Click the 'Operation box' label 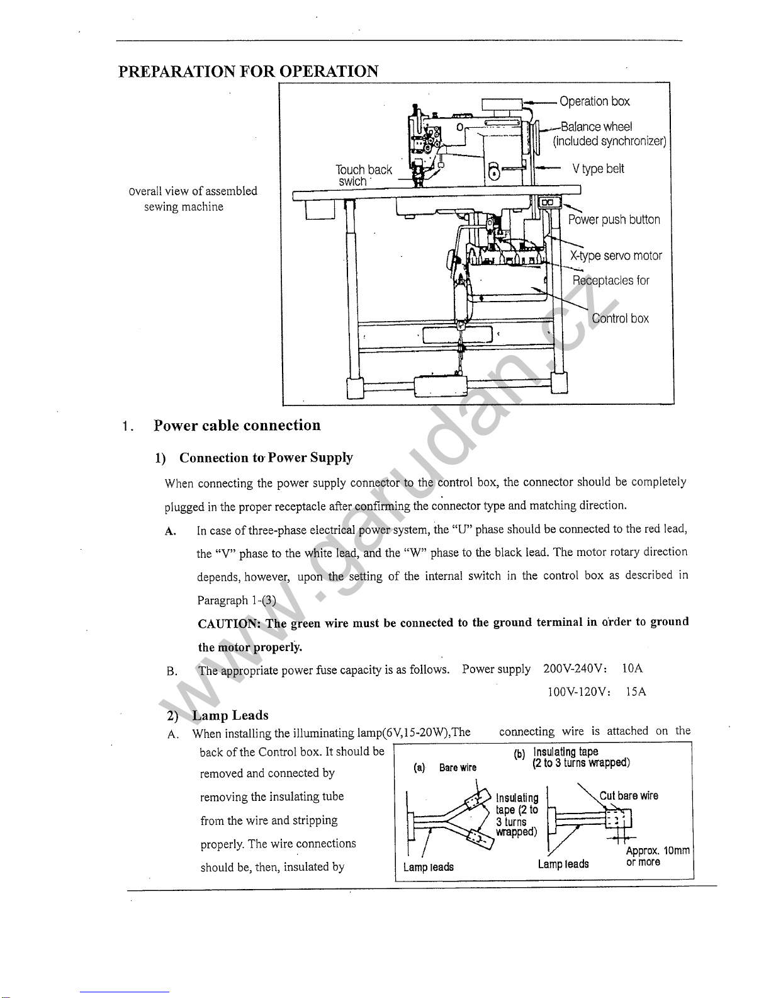coord(594,101)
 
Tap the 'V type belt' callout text coord(598,169)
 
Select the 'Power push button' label coord(614,220)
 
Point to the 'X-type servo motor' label coord(616,256)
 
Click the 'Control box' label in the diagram coord(620,318)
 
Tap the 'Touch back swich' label coord(363,176)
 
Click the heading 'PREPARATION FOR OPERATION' coord(248,71)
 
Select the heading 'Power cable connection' coord(237,425)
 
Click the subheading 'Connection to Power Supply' coord(266,457)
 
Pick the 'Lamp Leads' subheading coord(230,715)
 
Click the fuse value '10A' coord(632,668)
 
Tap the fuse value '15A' coord(636,691)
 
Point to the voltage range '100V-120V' coord(578,691)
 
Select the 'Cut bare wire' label coord(629,795)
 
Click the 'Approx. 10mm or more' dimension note coord(658,856)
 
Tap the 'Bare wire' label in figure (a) coord(458,768)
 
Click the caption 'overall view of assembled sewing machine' coord(193,198)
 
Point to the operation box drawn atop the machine coord(502,105)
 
